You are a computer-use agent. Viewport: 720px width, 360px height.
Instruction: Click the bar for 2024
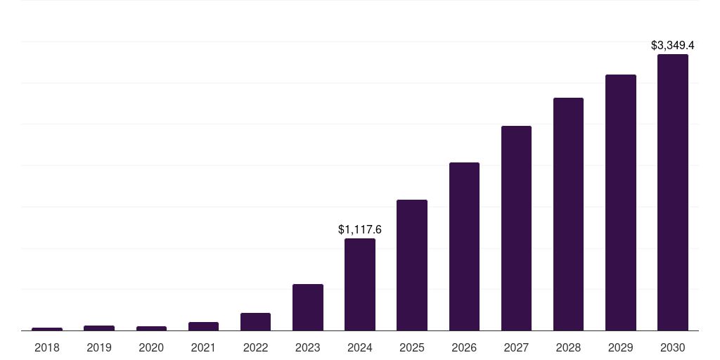(359, 284)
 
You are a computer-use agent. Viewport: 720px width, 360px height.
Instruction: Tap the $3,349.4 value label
(672, 46)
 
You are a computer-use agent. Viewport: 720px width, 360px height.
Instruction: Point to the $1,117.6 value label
(359, 230)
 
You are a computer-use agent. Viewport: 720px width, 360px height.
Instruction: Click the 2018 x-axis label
(47, 347)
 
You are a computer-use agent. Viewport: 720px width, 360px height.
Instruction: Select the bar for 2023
(307, 307)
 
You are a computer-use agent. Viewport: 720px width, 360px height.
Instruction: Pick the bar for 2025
(411, 265)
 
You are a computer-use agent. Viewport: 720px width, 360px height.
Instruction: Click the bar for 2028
(568, 214)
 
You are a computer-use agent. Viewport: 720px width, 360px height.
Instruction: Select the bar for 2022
(255, 321)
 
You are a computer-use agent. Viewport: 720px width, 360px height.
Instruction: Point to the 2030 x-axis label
(672, 347)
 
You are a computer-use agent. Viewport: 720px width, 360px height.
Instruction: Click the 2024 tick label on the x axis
(359, 347)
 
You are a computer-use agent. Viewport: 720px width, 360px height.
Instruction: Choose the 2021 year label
(203, 347)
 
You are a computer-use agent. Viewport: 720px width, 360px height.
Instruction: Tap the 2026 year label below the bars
(464, 347)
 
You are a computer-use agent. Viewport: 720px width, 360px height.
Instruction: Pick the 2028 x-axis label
(568, 347)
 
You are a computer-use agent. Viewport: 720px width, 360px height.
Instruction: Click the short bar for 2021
(203, 326)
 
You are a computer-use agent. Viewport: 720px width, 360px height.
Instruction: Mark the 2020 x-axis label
(151, 347)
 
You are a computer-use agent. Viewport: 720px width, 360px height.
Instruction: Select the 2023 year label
(307, 347)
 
